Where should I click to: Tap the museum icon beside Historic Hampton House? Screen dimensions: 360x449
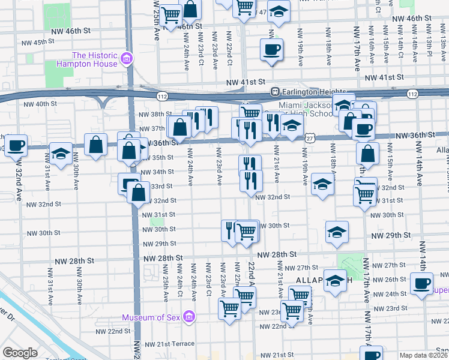pos(126,58)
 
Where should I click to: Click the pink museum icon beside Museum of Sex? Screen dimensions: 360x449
pos(189,316)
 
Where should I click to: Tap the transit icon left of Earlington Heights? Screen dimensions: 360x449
pos(276,92)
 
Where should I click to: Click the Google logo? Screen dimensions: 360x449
pos(20,353)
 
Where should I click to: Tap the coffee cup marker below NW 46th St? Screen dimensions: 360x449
pos(271,49)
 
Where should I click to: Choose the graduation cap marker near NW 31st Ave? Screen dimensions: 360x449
pos(60,153)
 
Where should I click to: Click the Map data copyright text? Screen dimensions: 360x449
pos(424,355)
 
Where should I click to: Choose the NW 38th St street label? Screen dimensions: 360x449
pos(151,114)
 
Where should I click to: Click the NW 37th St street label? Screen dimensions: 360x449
pos(151,128)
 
